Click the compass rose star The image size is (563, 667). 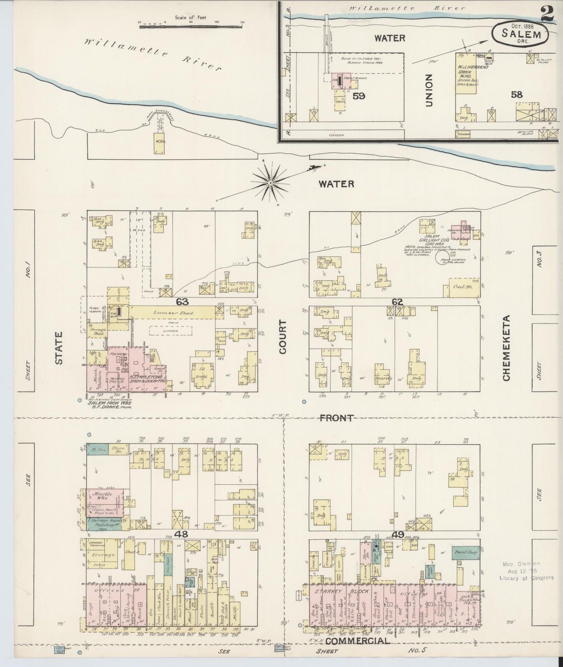(x=270, y=182)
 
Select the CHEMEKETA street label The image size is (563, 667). (x=506, y=353)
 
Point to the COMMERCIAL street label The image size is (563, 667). (x=357, y=641)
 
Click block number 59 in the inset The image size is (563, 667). (x=358, y=95)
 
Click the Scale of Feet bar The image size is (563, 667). (x=191, y=23)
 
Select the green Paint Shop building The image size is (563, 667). (x=466, y=552)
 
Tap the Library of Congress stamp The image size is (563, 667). (x=526, y=572)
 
